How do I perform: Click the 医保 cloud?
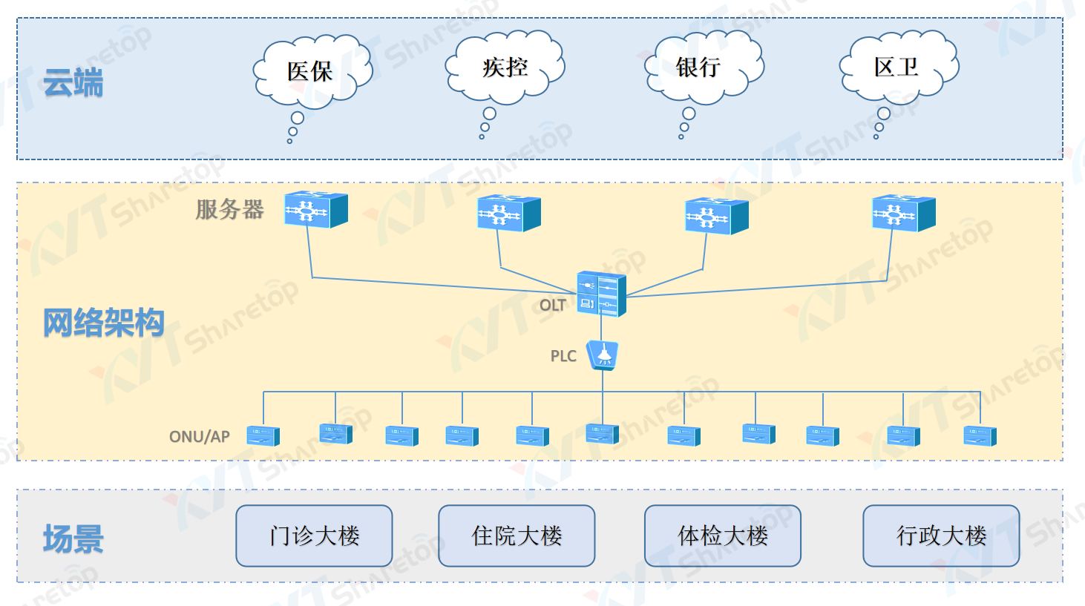click(x=311, y=71)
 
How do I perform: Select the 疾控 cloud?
click(x=505, y=67)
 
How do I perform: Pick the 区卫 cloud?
click(x=897, y=67)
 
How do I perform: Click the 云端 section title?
click(x=73, y=82)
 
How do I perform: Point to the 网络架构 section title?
click(x=103, y=323)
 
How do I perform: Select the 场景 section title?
click(x=73, y=539)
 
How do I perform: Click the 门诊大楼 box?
click(x=314, y=536)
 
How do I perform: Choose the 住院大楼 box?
click(x=517, y=536)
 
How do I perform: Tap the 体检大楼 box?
click(x=723, y=536)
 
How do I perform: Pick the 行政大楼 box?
click(x=941, y=536)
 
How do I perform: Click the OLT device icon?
click(x=601, y=294)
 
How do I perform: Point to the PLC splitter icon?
click(x=603, y=355)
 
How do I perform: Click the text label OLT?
click(x=552, y=306)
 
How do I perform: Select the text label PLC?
click(x=563, y=356)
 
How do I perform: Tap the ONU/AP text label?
click(x=200, y=436)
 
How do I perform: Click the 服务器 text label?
click(x=229, y=210)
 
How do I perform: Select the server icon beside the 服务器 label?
click(x=316, y=210)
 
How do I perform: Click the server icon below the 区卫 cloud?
click(x=903, y=213)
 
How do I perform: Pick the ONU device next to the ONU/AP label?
click(x=263, y=436)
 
